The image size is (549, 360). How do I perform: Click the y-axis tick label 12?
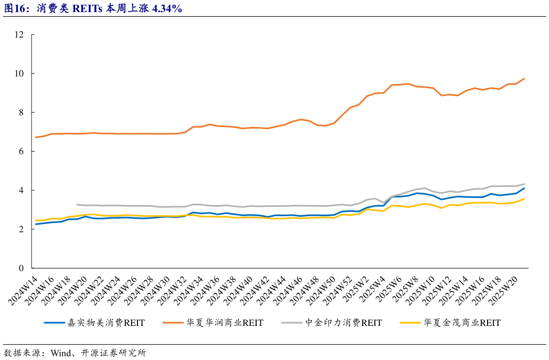(19, 35)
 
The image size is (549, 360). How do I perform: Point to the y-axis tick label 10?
(19, 73)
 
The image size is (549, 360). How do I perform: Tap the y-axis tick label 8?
(22, 112)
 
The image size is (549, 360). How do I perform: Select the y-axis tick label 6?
(22, 151)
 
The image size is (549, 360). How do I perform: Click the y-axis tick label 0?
(22, 268)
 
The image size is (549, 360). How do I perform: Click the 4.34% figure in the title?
(166, 9)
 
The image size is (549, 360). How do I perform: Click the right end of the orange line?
(524, 79)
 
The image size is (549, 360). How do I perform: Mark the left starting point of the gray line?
(77, 205)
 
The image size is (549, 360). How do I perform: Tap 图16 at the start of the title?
(15, 9)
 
